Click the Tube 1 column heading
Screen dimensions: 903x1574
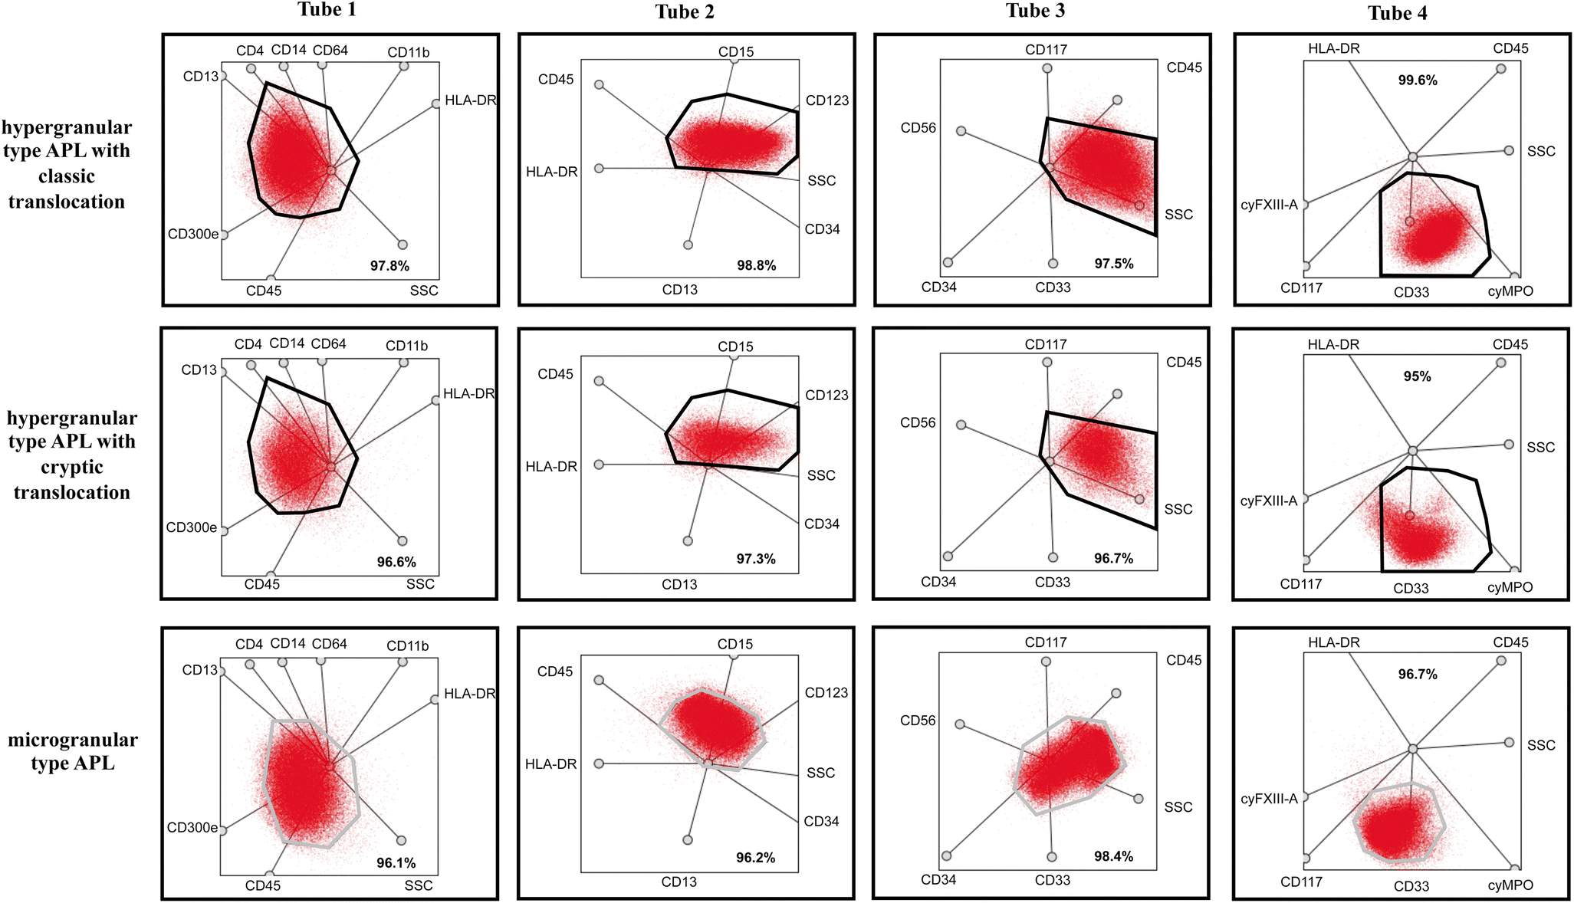pyautogui.click(x=327, y=10)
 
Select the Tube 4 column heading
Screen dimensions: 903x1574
pyautogui.click(x=1397, y=13)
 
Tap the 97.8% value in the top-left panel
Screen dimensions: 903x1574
pyautogui.click(x=389, y=266)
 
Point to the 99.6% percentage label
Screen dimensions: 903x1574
pyautogui.click(x=1417, y=80)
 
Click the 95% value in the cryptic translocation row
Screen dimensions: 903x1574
pyautogui.click(x=1416, y=376)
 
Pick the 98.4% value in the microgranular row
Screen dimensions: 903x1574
pyautogui.click(x=1113, y=856)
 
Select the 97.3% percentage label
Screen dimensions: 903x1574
pyautogui.click(x=756, y=559)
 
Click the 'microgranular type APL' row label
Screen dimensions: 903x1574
pyautogui.click(x=73, y=751)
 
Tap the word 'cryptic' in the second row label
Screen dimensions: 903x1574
pyautogui.click(x=71, y=467)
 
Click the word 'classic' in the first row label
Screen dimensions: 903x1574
pyautogui.click(x=67, y=176)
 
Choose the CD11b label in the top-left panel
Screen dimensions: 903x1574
pyautogui.click(x=408, y=52)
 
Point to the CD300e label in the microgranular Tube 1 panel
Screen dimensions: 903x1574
pyautogui.click(x=192, y=828)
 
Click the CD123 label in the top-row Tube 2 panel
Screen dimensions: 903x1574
pyautogui.click(x=826, y=100)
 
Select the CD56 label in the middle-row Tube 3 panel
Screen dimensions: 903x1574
pyautogui.click(x=918, y=422)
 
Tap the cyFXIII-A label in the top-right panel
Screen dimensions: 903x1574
pyautogui.click(x=1269, y=205)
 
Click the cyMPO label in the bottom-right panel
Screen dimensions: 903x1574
pyautogui.click(x=1510, y=885)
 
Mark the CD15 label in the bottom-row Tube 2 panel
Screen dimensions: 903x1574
pyautogui.click(x=734, y=644)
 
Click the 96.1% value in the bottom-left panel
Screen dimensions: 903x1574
pyautogui.click(x=396, y=862)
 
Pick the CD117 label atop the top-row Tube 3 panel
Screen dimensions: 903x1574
pyautogui.click(x=1046, y=50)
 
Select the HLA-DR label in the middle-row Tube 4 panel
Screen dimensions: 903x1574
pyautogui.click(x=1332, y=344)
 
